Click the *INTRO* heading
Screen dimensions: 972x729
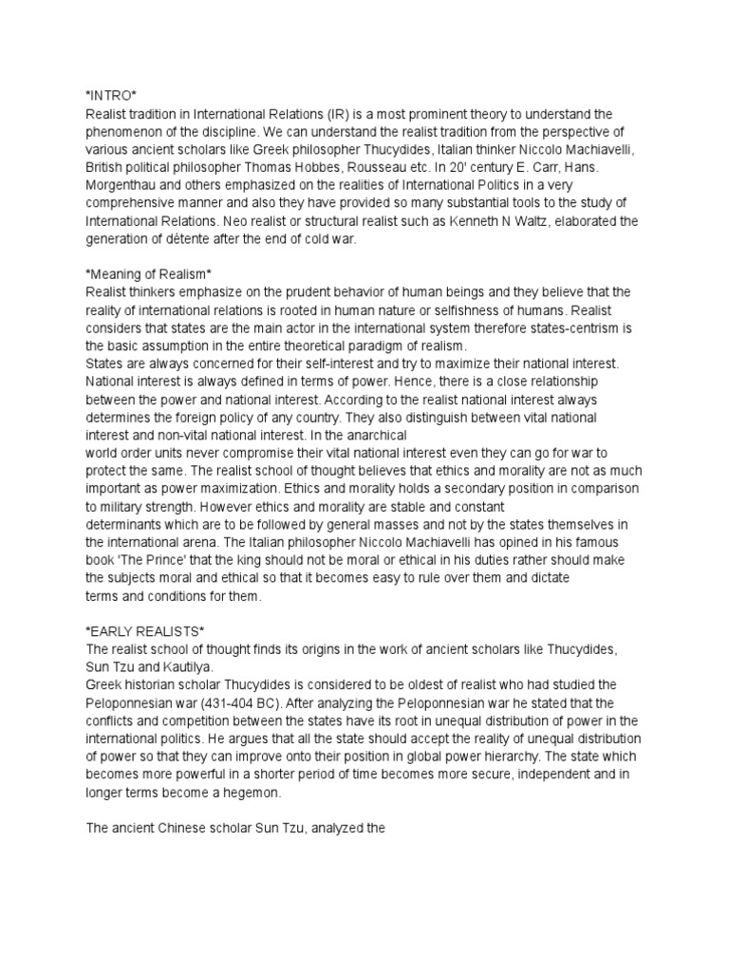pos(111,96)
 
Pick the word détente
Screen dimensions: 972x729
pos(196,239)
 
